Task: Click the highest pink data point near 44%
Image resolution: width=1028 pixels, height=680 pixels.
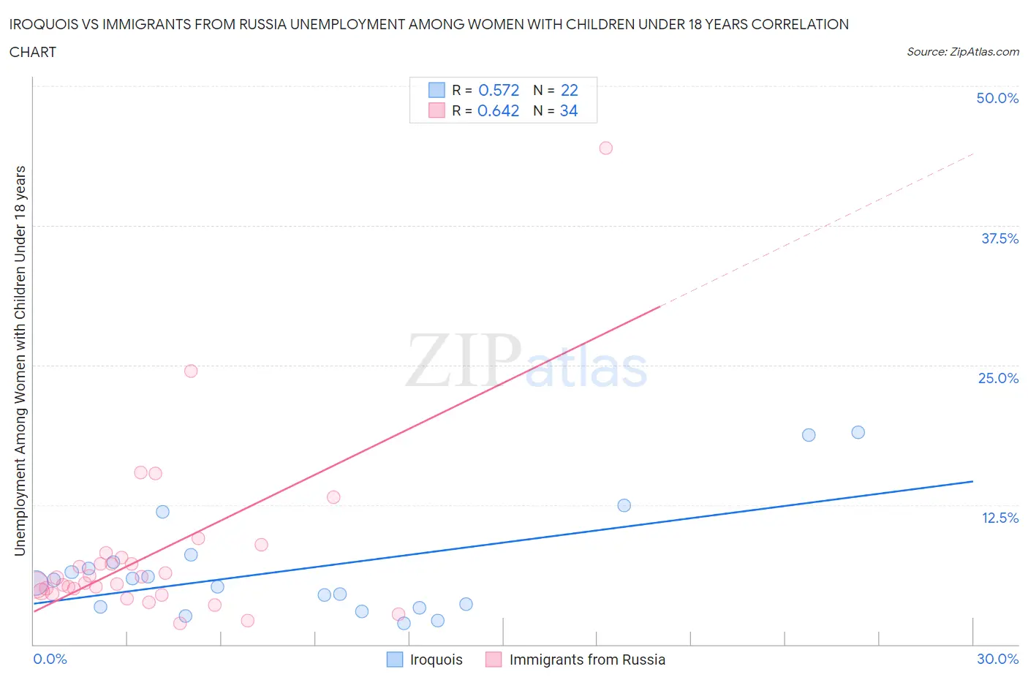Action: click(x=605, y=148)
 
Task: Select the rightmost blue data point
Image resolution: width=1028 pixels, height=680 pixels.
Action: click(x=858, y=432)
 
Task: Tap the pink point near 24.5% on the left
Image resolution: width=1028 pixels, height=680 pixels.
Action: click(x=191, y=371)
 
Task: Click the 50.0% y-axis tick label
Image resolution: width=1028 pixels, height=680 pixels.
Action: click(x=997, y=98)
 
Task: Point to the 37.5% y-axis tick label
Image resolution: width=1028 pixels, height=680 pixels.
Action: click(x=999, y=238)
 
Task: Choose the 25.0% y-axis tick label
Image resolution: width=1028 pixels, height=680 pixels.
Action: click(x=998, y=378)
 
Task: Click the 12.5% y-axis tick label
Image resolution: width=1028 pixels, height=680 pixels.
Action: click(x=999, y=518)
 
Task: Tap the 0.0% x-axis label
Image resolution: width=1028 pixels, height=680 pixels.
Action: click(x=50, y=659)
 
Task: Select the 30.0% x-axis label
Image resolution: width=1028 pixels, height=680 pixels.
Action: click(x=997, y=659)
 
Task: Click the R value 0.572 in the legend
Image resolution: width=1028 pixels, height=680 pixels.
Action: click(x=499, y=90)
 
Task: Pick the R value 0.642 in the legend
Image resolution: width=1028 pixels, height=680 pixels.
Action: click(x=498, y=110)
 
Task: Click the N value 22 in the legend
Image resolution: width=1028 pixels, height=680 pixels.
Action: click(x=569, y=90)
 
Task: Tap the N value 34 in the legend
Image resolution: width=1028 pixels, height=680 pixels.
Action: click(x=568, y=110)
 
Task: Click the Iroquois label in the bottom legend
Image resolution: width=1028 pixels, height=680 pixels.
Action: click(x=436, y=660)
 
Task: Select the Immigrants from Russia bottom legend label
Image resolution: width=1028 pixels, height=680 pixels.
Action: click(x=586, y=660)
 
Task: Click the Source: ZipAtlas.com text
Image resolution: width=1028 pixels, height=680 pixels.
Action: click(x=962, y=52)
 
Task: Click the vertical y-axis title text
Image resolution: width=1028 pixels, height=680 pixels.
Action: click(x=20, y=360)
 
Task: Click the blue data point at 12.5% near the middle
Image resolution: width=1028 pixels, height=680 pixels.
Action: click(x=624, y=505)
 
